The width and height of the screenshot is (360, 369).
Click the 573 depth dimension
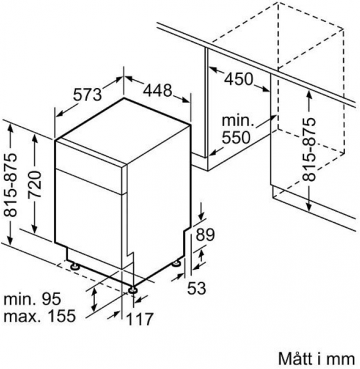pos(87,95)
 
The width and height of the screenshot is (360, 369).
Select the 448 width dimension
pos(158,91)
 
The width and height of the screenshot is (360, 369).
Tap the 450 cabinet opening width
pos(238,79)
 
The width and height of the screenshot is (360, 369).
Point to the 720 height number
pos(34,184)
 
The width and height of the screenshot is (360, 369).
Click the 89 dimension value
pos(206,235)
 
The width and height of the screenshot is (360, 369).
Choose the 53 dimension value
pos(196,288)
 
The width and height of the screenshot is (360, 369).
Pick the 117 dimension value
pos(140,319)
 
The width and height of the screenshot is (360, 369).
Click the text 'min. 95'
pos(32,298)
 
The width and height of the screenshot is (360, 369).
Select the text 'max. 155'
pos(40,315)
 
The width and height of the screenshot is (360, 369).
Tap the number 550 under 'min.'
pos(236,137)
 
